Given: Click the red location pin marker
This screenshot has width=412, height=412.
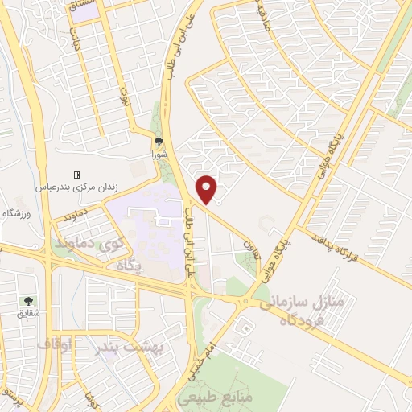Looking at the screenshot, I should click(208, 188).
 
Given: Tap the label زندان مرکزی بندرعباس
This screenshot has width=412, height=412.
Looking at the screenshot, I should click(76, 187).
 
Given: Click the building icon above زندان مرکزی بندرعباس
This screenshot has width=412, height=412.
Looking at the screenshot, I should click(76, 175).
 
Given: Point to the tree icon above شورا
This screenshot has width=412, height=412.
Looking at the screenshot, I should click(158, 141).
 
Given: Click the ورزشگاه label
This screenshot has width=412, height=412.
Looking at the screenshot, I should click(16, 213).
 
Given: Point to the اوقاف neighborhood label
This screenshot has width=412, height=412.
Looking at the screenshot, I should click(55, 344).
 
